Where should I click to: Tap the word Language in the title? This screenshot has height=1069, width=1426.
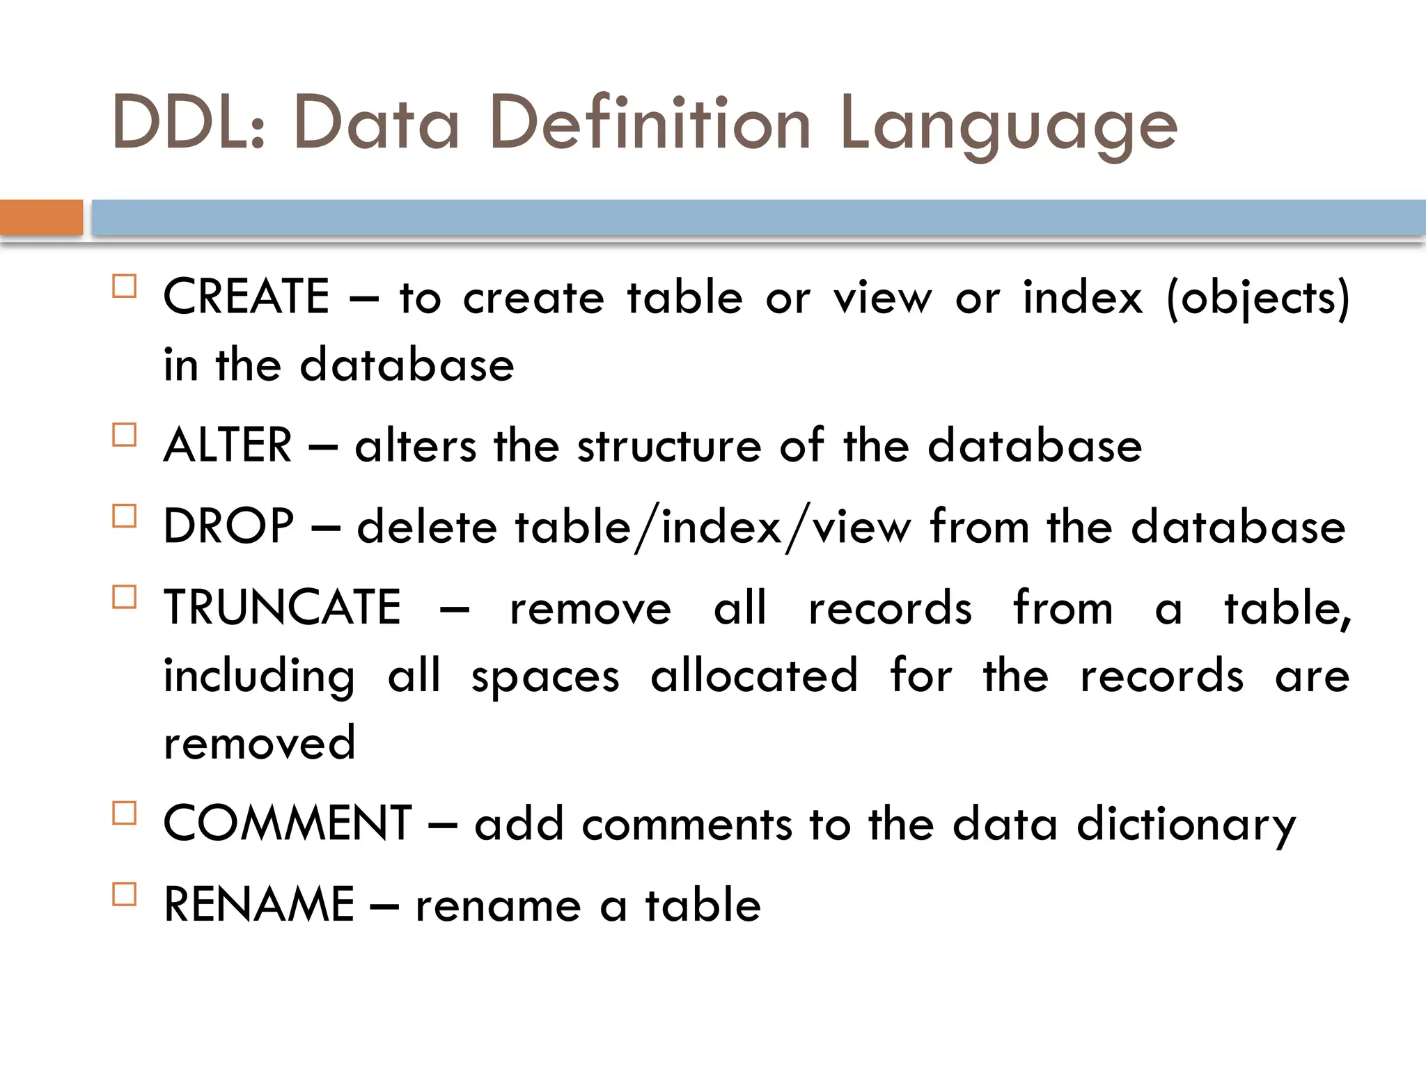(x=1009, y=125)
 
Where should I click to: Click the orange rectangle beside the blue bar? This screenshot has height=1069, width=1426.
(x=41, y=217)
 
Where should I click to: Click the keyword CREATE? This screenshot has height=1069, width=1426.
(x=246, y=296)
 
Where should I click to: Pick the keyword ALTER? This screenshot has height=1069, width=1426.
(x=228, y=445)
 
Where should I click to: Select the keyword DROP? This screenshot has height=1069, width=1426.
(x=228, y=526)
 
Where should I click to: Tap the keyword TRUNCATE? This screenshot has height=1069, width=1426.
(x=282, y=607)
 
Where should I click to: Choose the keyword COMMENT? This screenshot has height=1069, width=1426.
(x=288, y=823)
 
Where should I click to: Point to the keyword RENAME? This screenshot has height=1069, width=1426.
(x=259, y=905)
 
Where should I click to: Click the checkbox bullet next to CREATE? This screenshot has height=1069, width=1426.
(x=125, y=286)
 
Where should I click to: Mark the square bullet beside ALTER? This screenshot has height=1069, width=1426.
(x=125, y=435)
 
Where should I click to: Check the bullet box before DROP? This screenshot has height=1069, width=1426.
(x=125, y=516)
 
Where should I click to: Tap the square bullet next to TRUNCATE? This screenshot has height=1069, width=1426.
(x=125, y=597)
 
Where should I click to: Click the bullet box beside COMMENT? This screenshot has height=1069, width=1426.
(x=125, y=813)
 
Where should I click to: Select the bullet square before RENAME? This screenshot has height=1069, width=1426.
(x=125, y=894)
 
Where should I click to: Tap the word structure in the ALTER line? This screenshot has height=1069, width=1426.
(x=669, y=447)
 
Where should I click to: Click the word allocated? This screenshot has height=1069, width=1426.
(x=754, y=675)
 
